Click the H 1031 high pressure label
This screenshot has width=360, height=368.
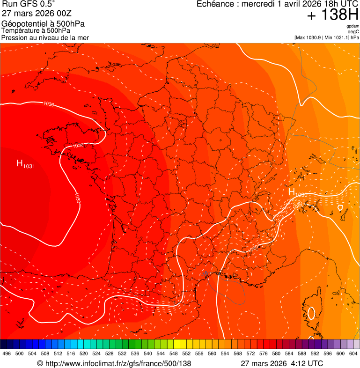[x=25, y=163]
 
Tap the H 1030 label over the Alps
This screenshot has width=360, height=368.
[x=297, y=192]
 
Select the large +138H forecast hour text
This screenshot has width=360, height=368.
[x=332, y=15]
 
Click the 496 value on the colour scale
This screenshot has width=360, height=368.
[x=7, y=353]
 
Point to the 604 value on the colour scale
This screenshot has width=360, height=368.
[x=353, y=353]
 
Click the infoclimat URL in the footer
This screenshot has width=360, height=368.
[x=114, y=363]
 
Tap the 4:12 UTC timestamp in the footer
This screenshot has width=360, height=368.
[x=307, y=363]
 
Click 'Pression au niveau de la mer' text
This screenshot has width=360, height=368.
[x=45, y=37]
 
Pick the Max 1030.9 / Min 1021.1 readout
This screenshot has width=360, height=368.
[x=326, y=37]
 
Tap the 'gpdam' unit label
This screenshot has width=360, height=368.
[x=353, y=26]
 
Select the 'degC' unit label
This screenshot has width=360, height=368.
[x=353, y=32]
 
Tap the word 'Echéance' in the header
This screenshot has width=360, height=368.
[x=213, y=4]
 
